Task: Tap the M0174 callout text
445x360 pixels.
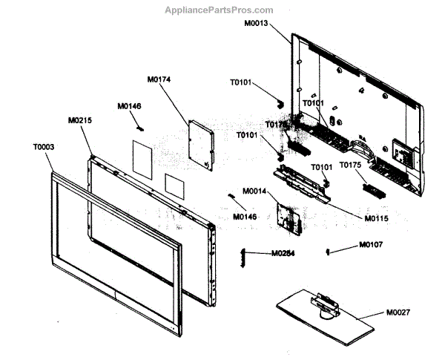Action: (x=159, y=79)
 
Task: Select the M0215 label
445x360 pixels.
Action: (x=80, y=120)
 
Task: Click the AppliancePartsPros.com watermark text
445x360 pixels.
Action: (x=222, y=10)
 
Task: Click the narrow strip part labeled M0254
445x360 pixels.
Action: (x=241, y=255)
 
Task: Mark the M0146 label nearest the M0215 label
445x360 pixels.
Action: (x=129, y=106)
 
